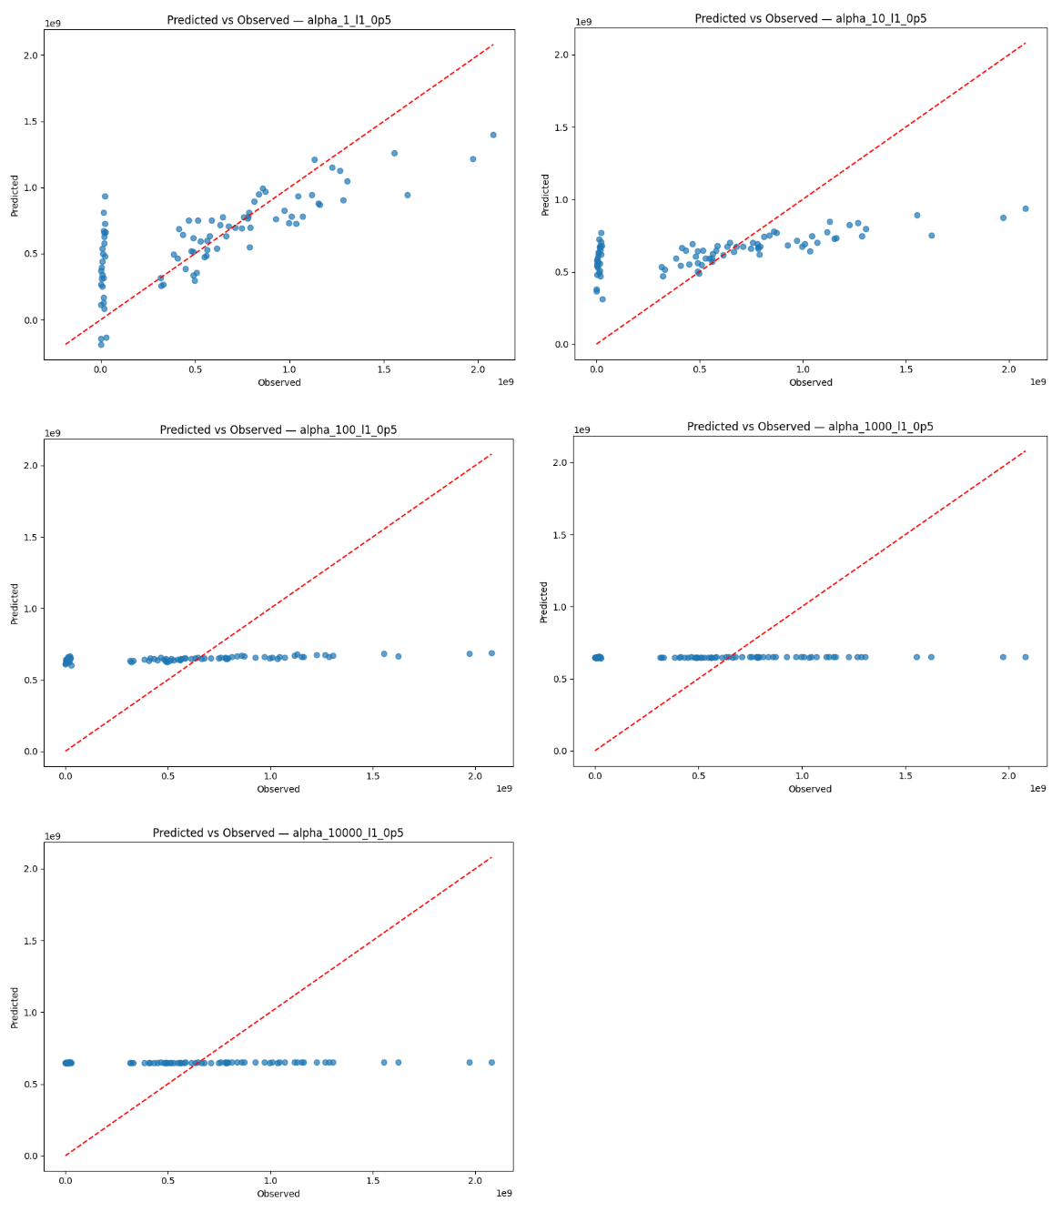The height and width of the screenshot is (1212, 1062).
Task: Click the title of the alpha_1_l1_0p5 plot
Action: coord(279,20)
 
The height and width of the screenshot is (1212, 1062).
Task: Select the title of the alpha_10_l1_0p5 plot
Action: coord(810,18)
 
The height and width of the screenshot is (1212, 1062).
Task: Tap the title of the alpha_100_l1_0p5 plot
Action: coord(278,429)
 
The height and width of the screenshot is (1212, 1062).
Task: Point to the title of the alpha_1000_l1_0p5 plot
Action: coord(810,426)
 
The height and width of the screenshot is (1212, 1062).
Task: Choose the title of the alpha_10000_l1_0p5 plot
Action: coord(278,833)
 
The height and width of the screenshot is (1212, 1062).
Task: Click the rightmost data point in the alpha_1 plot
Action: coord(493,135)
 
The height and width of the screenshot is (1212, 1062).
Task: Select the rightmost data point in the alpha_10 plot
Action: coord(1025,208)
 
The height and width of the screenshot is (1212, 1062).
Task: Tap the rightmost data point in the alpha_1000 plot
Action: coord(1025,657)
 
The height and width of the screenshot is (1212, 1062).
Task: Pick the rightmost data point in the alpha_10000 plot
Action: coord(491,1062)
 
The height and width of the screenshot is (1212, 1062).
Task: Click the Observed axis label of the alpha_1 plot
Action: coord(279,382)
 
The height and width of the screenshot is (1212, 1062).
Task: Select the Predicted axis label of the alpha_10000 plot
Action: coord(15,1007)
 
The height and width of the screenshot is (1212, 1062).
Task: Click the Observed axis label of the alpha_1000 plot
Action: coord(810,789)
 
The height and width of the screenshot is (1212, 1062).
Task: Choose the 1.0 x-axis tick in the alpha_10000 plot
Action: coord(270,1180)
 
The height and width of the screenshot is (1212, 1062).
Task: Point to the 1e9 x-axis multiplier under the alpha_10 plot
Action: coord(1037,382)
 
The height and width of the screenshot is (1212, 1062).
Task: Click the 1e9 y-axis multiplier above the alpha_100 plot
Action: coord(53,431)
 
